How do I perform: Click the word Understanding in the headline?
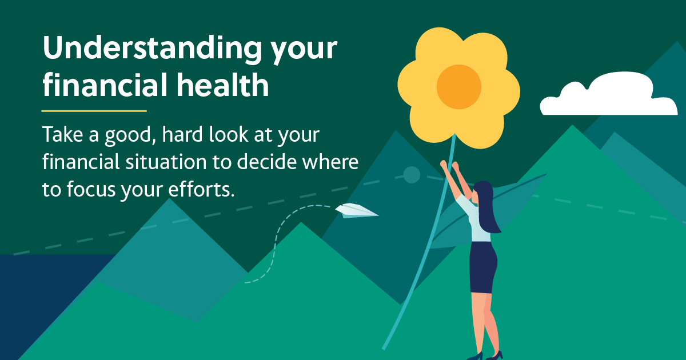(x=152, y=49)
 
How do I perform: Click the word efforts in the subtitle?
(x=201, y=189)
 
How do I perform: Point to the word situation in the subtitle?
(x=166, y=161)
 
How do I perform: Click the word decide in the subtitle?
(x=267, y=161)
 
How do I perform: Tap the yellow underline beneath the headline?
(x=94, y=111)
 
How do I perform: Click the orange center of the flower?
(x=458, y=87)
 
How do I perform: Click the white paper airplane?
(x=357, y=211)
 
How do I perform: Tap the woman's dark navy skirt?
(x=483, y=267)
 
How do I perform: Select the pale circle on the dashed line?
(x=412, y=175)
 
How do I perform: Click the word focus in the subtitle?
(x=92, y=189)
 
